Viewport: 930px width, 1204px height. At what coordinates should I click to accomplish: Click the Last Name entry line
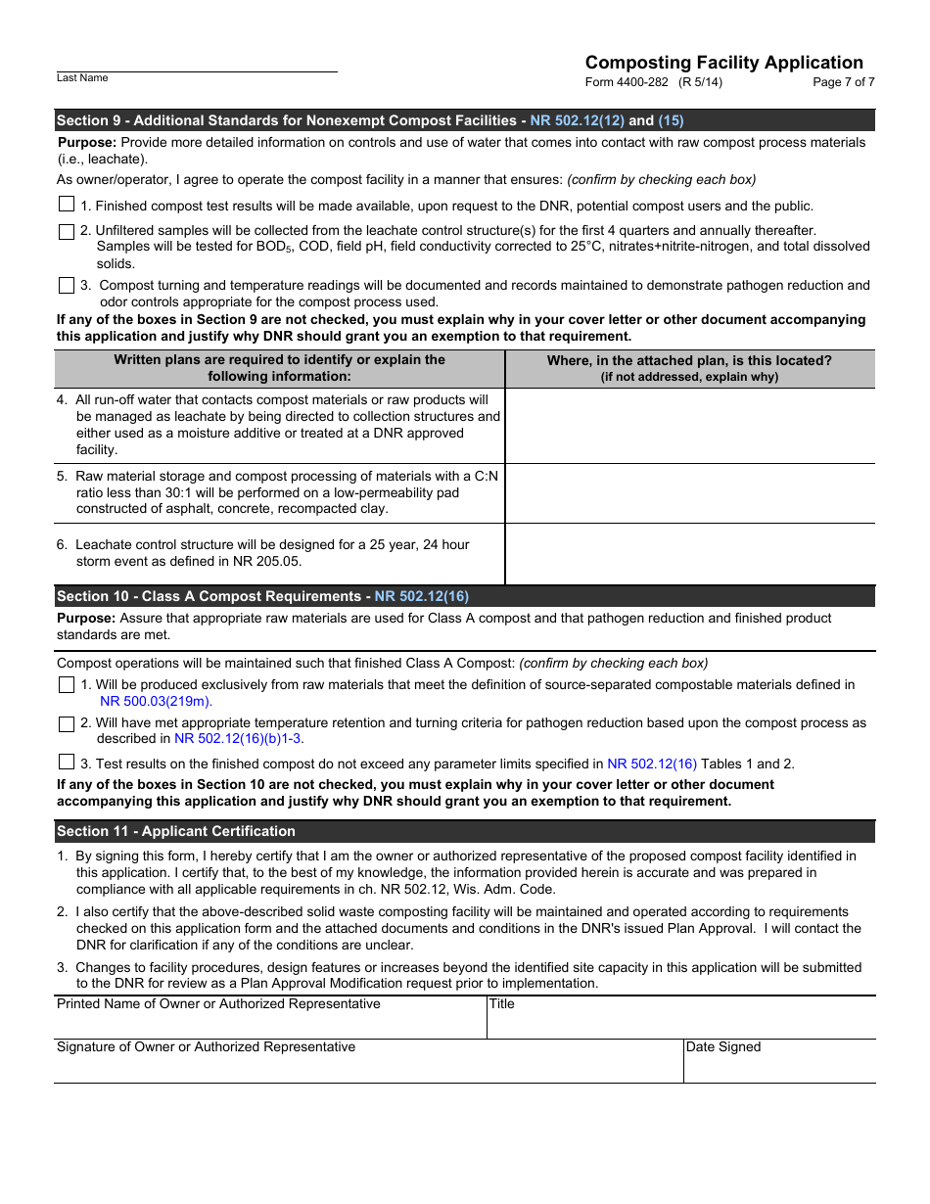click(x=196, y=64)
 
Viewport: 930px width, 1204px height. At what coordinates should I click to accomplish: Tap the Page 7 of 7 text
click(x=843, y=82)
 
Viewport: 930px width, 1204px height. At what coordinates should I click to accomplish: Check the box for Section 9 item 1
click(x=67, y=205)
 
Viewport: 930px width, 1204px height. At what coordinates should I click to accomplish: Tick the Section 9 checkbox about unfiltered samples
click(x=67, y=232)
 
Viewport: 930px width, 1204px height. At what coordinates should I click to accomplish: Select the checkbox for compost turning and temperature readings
click(x=67, y=286)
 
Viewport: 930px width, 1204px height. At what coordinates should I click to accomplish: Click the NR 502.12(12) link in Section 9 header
click(x=577, y=120)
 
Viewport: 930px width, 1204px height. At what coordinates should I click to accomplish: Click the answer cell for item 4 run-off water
click(x=689, y=425)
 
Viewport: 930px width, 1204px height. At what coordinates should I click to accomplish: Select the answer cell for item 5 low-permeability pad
click(x=689, y=492)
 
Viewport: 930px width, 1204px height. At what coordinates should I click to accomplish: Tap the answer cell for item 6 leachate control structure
click(x=689, y=553)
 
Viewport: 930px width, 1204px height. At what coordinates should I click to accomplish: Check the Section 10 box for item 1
click(x=67, y=685)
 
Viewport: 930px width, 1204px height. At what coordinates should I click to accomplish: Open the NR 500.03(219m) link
click(x=156, y=701)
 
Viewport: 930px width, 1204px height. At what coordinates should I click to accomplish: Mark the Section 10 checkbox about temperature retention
click(x=67, y=724)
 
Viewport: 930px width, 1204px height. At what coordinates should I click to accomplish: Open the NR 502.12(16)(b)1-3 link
click(x=238, y=739)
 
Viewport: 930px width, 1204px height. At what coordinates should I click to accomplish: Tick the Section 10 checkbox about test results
click(x=67, y=763)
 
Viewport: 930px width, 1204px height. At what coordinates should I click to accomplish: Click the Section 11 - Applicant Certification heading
click(x=176, y=831)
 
